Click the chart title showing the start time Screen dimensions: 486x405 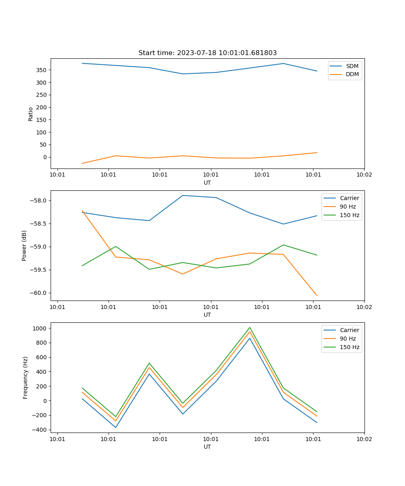pos(207,53)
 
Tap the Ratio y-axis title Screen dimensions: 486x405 pos(31,114)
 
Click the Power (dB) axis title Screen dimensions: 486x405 pos(24,245)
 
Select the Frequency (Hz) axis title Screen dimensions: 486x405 pos(26,377)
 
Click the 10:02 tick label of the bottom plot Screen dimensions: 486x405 pos(364,438)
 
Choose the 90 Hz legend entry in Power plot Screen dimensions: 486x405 pos(347,207)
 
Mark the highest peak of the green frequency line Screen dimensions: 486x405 pos(250,328)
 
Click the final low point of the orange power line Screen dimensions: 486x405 pos(317,296)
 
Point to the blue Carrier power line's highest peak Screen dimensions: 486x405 pos(183,196)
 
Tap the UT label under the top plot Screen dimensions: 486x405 pos(207,183)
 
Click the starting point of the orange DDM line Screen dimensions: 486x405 pos(82,164)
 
